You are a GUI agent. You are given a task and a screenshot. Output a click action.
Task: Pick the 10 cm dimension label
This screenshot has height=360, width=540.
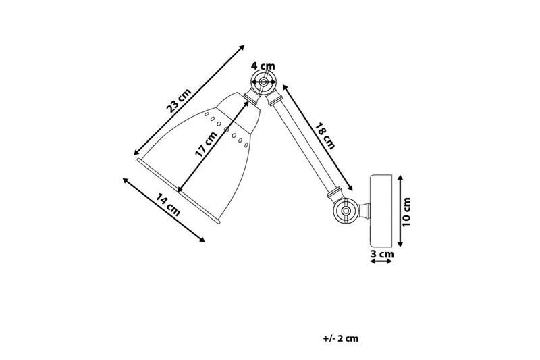[x=407, y=210]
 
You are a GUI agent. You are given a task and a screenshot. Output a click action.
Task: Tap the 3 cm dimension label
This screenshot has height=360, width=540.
[x=382, y=254]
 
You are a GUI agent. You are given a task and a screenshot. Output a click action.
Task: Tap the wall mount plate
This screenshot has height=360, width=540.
[x=381, y=210]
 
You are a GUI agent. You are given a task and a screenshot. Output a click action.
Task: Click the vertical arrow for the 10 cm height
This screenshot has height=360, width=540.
[x=400, y=210]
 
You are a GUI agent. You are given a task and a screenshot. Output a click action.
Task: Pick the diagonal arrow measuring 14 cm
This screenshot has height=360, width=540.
[x=164, y=209]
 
